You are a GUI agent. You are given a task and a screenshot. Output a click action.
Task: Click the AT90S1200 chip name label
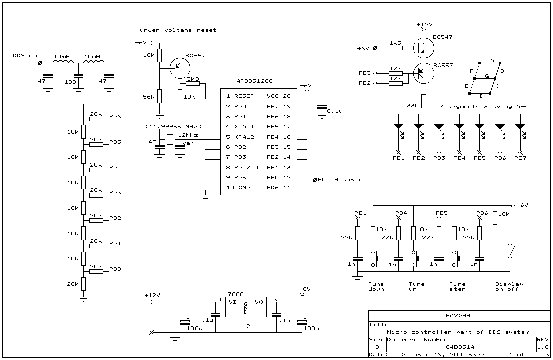click(x=254, y=81)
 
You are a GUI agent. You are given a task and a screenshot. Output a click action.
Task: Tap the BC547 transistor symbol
click(x=423, y=48)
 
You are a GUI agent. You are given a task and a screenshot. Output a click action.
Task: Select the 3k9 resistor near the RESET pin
click(x=193, y=84)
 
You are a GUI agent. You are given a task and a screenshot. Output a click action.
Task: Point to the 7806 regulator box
click(x=245, y=307)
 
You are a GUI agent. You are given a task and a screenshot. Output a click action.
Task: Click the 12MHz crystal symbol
click(x=170, y=140)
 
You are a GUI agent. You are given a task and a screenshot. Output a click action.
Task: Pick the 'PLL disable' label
click(x=340, y=179)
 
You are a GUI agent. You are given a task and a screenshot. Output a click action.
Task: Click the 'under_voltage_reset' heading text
click(x=178, y=30)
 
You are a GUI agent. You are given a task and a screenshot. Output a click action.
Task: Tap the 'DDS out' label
click(x=27, y=56)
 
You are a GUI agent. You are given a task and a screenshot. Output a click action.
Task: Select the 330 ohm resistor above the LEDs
click(x=424, y=101)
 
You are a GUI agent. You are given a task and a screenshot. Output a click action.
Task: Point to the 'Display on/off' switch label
click(x=509, y=286)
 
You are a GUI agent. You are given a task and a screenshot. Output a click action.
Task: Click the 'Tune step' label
click(x=458, y=286)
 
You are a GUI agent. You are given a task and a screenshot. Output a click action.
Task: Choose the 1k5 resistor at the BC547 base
click(x=396, y=48)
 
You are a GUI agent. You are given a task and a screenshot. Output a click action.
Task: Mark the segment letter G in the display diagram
click(x=487, y=76)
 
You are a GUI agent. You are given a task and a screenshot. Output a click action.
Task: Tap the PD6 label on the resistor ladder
click(x=115, y=116)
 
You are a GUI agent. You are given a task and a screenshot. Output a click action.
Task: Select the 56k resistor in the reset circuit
click(x=159, y=95)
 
